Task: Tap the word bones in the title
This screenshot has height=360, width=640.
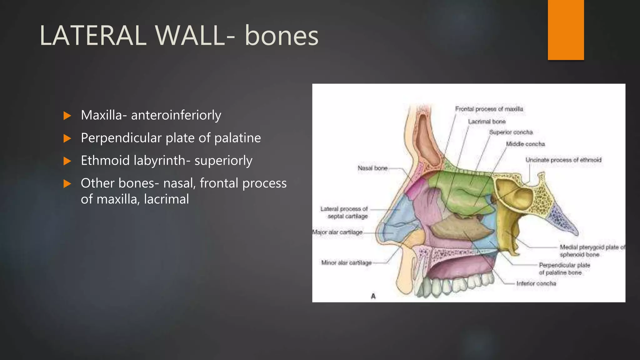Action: click(x=281, y=36)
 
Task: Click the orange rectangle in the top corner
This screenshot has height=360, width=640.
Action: click(x=566, y=30)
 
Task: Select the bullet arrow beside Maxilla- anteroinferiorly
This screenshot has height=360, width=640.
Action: click(x=67, y=116)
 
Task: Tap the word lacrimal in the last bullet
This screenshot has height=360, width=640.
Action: click(x=166, y=199)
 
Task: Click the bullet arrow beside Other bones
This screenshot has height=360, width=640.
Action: click(x=67, y=183)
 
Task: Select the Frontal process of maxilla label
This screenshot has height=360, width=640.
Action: click(x=489, y=109)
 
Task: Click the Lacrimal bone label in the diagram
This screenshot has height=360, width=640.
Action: click(x=487, y=122)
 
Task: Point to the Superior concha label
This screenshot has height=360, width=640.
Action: click(x=511, y=132)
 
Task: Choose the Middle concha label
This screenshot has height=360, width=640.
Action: click(x=525, y=144)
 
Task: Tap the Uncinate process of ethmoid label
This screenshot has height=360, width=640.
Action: click(x=563, y=160)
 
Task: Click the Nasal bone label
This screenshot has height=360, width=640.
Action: click(x=372, y=168)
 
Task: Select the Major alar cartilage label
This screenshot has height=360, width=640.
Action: click(x=337, y=232)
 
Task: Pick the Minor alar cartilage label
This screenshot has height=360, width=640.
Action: click(x=346, y=263)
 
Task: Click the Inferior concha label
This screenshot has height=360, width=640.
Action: click(x=536, y=283)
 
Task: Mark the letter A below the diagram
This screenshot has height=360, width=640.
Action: click(x=373, y=296)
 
